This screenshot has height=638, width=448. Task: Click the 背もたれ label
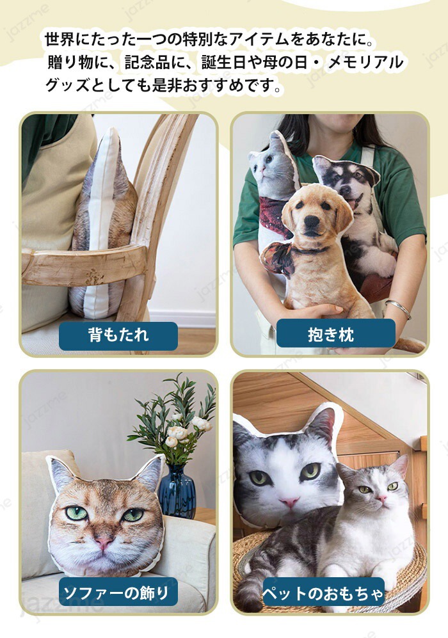click(118, 336)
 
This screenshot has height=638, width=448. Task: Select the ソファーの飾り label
click(118, 592)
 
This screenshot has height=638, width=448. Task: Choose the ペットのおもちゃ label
click(323, 593)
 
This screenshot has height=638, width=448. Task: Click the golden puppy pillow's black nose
click(312, 221)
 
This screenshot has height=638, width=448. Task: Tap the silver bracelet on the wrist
click(398, 308)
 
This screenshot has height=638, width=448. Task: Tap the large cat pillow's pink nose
click(290, 502)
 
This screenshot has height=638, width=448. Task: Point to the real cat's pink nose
click(381, 498)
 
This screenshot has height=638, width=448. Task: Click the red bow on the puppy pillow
click(278, 259)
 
